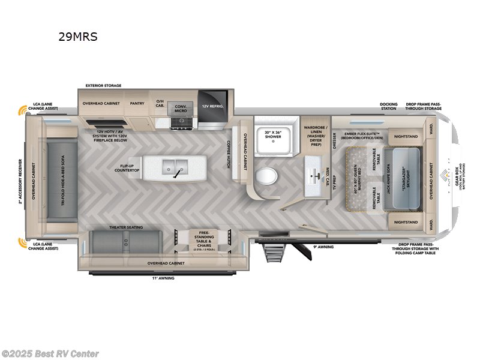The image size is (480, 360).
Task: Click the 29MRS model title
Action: (x=77, y=37)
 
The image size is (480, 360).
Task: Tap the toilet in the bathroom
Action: (x=267, y=176)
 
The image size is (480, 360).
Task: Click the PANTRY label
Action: (x=137, y=103)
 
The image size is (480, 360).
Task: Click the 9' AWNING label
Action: (x=322, y=247)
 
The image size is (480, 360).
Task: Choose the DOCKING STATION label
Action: (x=388, y=106)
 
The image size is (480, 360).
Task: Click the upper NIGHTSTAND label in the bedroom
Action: (x=407, y=136)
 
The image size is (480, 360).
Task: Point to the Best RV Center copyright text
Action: (x=50, y=353)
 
